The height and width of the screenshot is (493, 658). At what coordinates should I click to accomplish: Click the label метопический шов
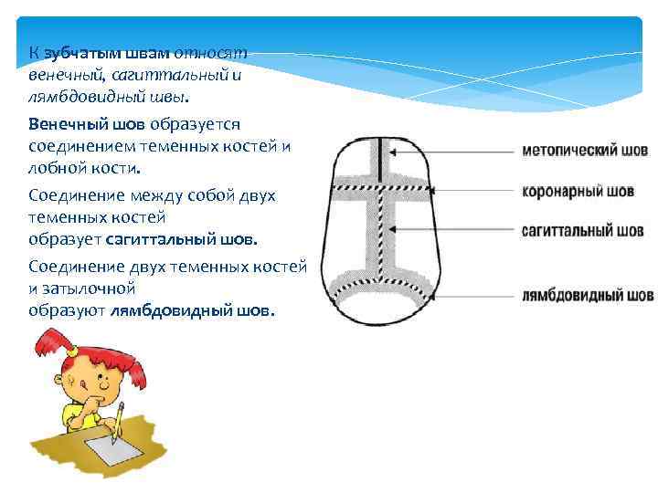(x=585, y=151)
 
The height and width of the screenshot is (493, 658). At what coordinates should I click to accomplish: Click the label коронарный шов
(x=578, y=192)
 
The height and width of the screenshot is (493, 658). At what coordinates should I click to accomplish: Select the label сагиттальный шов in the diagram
(x=582, y=230)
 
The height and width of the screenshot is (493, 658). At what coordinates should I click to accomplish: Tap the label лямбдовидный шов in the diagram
(x=588, y=296)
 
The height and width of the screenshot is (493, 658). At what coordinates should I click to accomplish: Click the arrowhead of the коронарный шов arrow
(x=430, y=191)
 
